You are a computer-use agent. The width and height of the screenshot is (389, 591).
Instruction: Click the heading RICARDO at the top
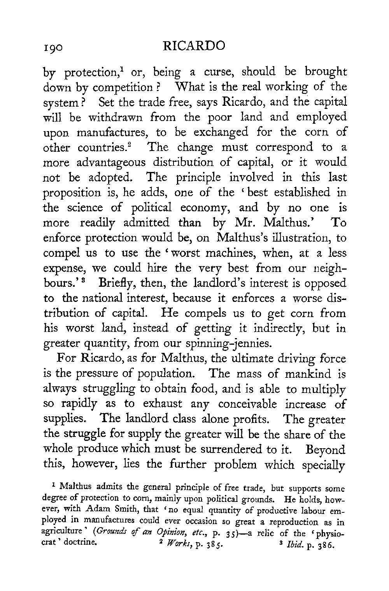click(x=194, y=47)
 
